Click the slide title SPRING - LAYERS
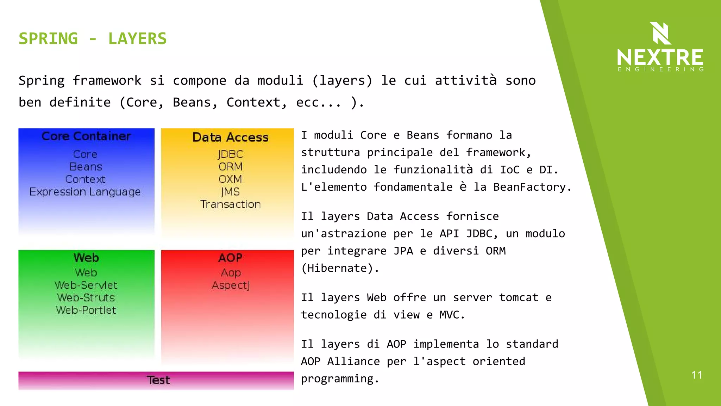pyautogui.click(x=93, y=38)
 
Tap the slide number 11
pyautogui.click(x=696, y=375)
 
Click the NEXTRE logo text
pyautogui.click(x=660, y=57)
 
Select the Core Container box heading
pyautogui.click(x=86, y=136)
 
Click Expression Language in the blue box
pyautogui.click(x=85, y=192)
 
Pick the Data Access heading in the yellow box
pyautogui.click(x=230, y=137)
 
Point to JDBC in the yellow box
pyautogui.click(x=230, y=154)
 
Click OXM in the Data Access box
pyautogui.click(x=230, y=179)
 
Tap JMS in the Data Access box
pyautogui.click(x=230, y=192)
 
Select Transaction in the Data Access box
pyautogui.click(x=230, y=204)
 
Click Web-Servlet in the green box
pyautogui.click(x=86, y=285)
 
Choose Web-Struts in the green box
pyautogui.click(x=86, y=298)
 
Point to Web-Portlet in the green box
pyautogui.click(x=86, y=310)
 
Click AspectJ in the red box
pyautogui.click(x=231, y=285)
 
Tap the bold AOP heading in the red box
pyautogui.click(x=230, y=258)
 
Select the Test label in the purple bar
pyautogui.click(x=158, y=380)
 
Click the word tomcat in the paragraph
pyautogui.click(x=519, y=297)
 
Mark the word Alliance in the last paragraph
pyautogui.click(x=353, y=361)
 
